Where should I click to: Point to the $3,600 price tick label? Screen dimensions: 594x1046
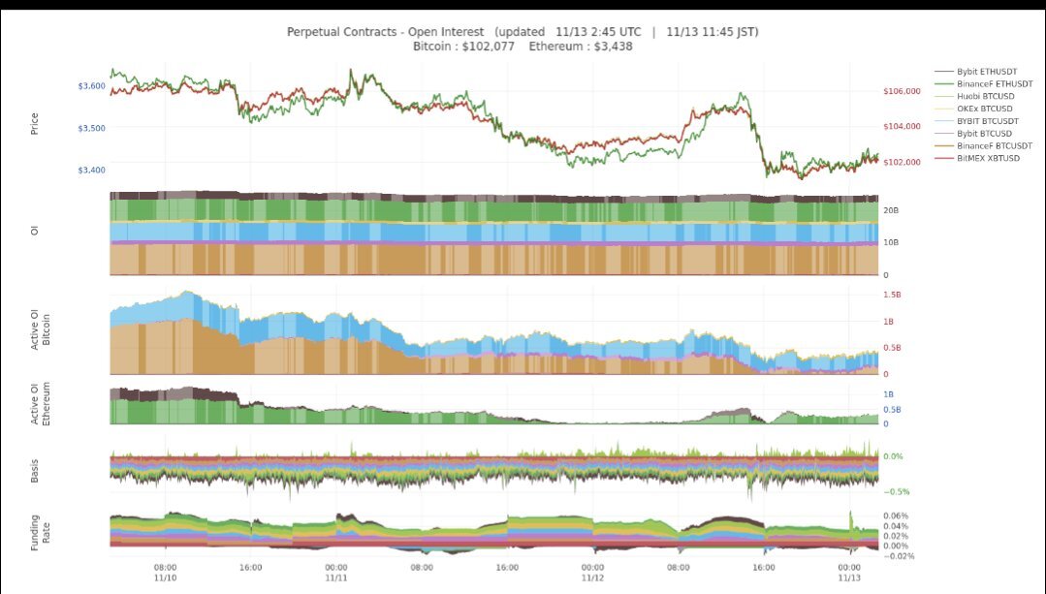pos(92,86)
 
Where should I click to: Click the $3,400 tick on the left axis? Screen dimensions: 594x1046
pos(92,171)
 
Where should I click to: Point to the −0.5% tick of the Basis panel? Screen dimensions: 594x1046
pos(898,492)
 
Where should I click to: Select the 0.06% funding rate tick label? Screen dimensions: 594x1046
pos(896,516)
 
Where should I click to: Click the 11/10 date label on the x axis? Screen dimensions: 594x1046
pos(165,578)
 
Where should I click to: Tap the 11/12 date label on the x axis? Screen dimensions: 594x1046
pos(592,578)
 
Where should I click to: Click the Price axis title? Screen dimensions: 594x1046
pos(35,123)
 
